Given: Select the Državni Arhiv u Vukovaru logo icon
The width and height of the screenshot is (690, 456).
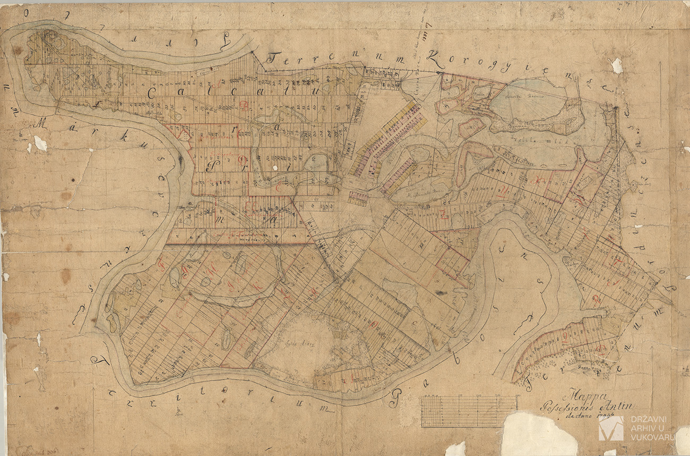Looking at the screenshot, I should (x=611, y=428).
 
